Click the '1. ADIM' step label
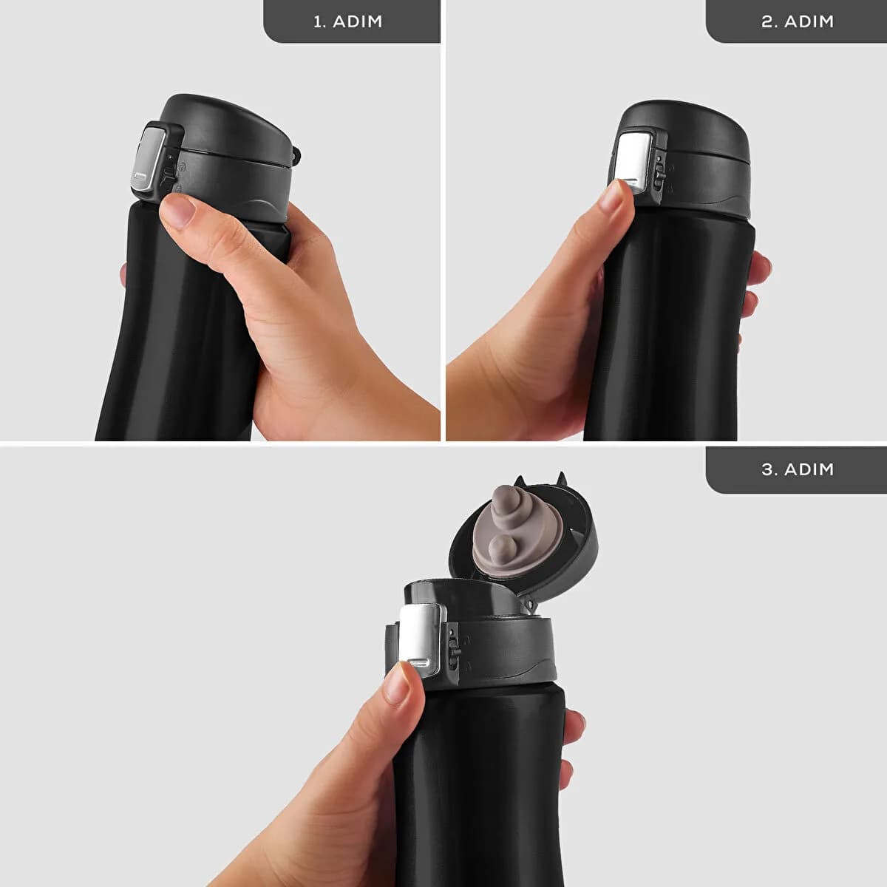tap(348, 21)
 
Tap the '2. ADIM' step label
tap(798, 21)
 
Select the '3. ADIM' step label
tap(798, 469)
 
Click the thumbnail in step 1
tap(177, 211)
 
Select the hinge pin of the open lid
tap(529, 602)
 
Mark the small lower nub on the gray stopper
tap(500, 547)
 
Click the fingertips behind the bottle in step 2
tap(755, 285)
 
